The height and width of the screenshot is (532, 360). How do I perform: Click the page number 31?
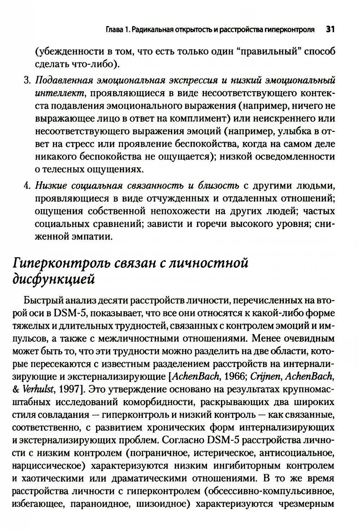click(x=330, y=30)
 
